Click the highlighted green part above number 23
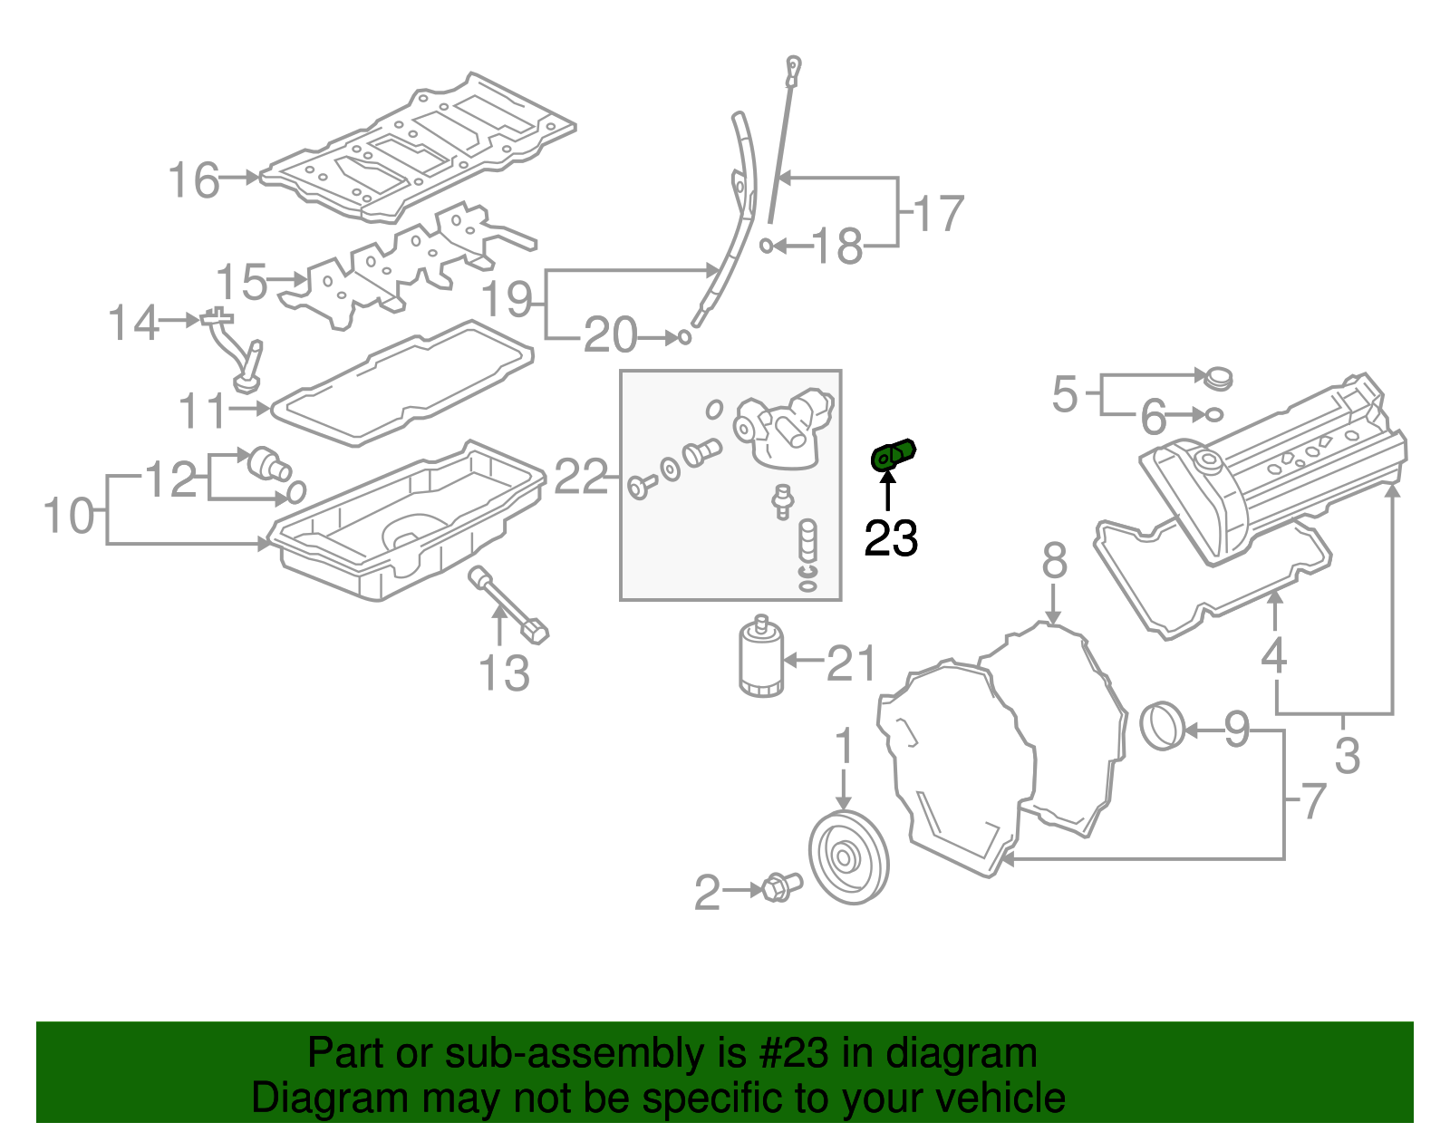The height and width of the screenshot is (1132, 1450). (893, 453)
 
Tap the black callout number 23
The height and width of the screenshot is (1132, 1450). (891, 538)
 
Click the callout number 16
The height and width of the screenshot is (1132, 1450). (194, 180)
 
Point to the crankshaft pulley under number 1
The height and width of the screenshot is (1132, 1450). (847, 857)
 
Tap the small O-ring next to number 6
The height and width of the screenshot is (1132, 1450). (1214, 415)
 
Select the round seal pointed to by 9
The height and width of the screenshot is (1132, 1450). (1162, 726)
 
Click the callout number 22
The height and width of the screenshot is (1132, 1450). (580, 476)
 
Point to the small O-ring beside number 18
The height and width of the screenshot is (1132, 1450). (767, 246)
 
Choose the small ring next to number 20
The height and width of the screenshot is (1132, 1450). (684, 337)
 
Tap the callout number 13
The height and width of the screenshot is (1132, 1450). (504, 673)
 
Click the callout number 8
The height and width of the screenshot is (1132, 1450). (1054, 561)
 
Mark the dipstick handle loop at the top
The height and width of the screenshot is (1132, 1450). (794, 66)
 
